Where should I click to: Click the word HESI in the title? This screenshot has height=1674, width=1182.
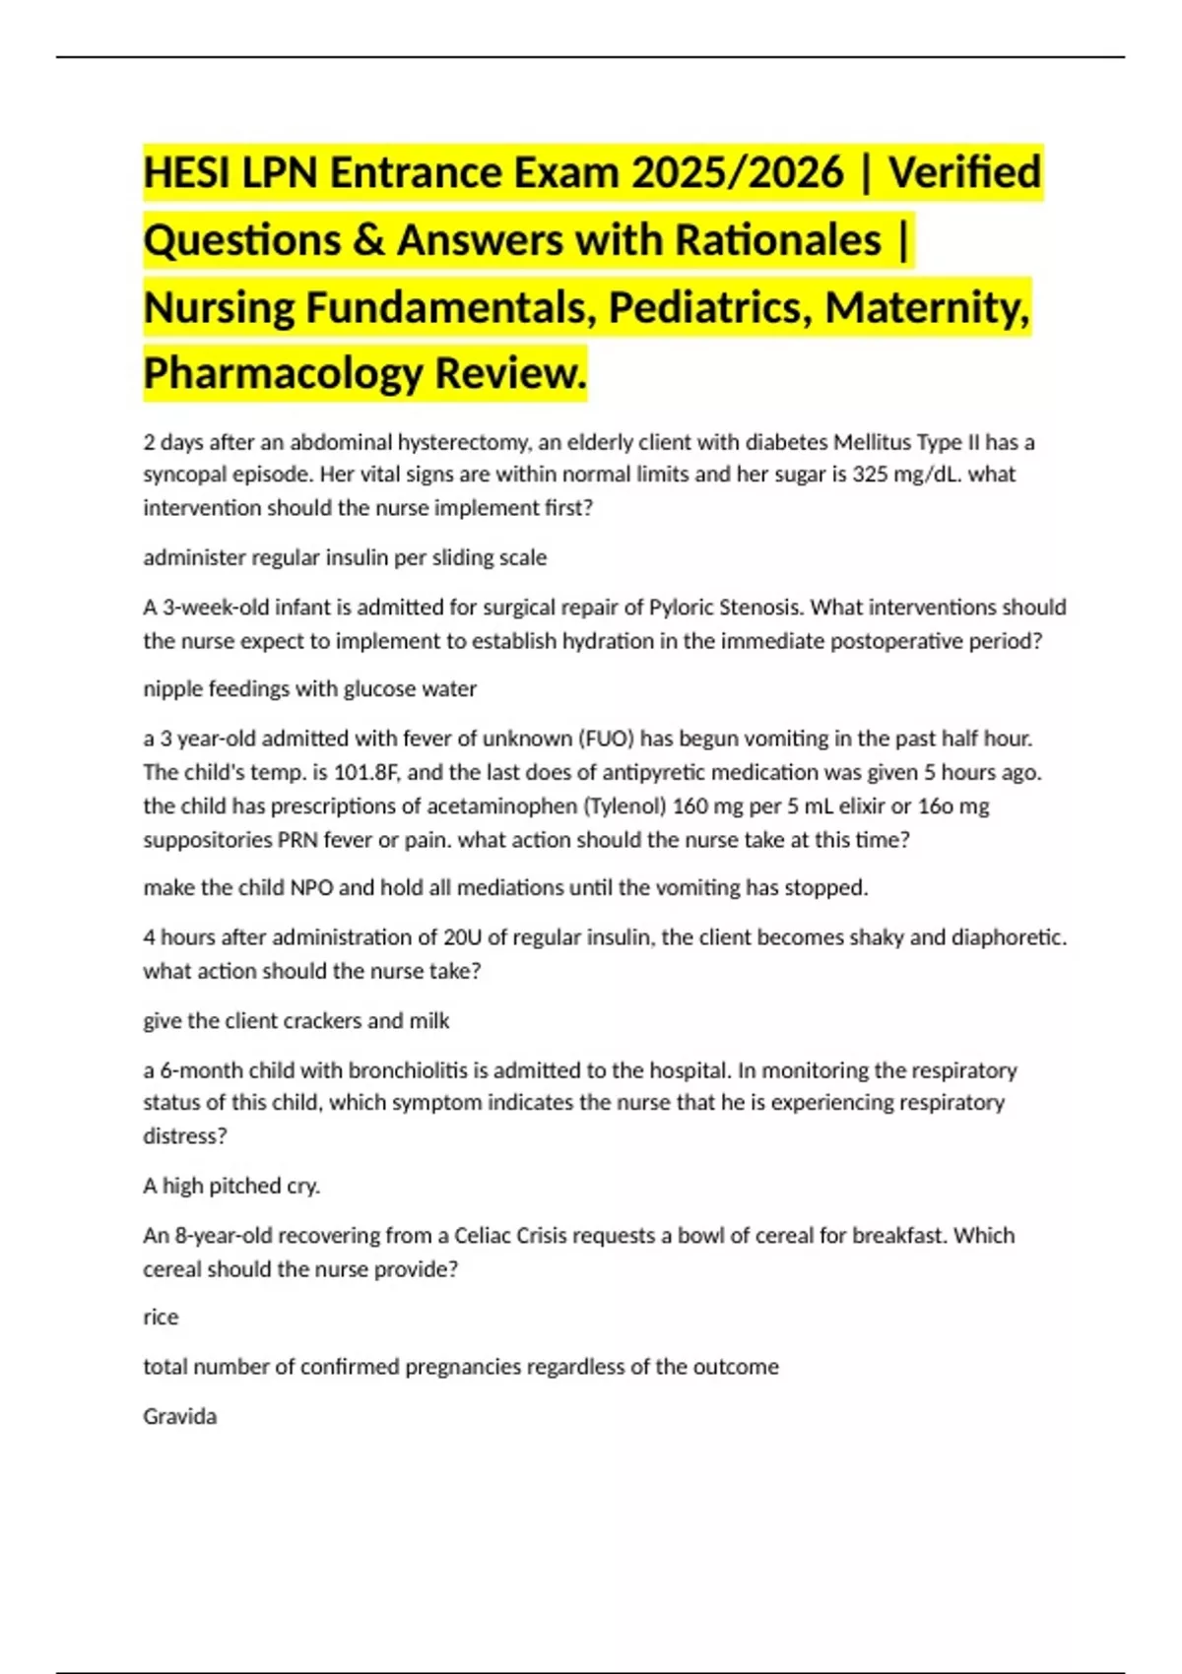coord(186,173)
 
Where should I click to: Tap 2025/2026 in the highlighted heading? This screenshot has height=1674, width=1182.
coord(738,173)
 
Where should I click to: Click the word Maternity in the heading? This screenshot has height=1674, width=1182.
coord(927,306)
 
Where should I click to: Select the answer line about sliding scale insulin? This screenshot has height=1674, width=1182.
coord(345,557)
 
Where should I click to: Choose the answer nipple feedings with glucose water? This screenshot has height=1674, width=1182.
coord(309,689)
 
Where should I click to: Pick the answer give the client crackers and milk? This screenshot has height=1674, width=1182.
coord(295,1021)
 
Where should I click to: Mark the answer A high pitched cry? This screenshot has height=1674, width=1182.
coord(231,1187)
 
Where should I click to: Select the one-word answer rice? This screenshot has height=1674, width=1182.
coord(161,1318)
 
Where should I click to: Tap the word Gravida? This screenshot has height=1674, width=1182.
coord(179,1417)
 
